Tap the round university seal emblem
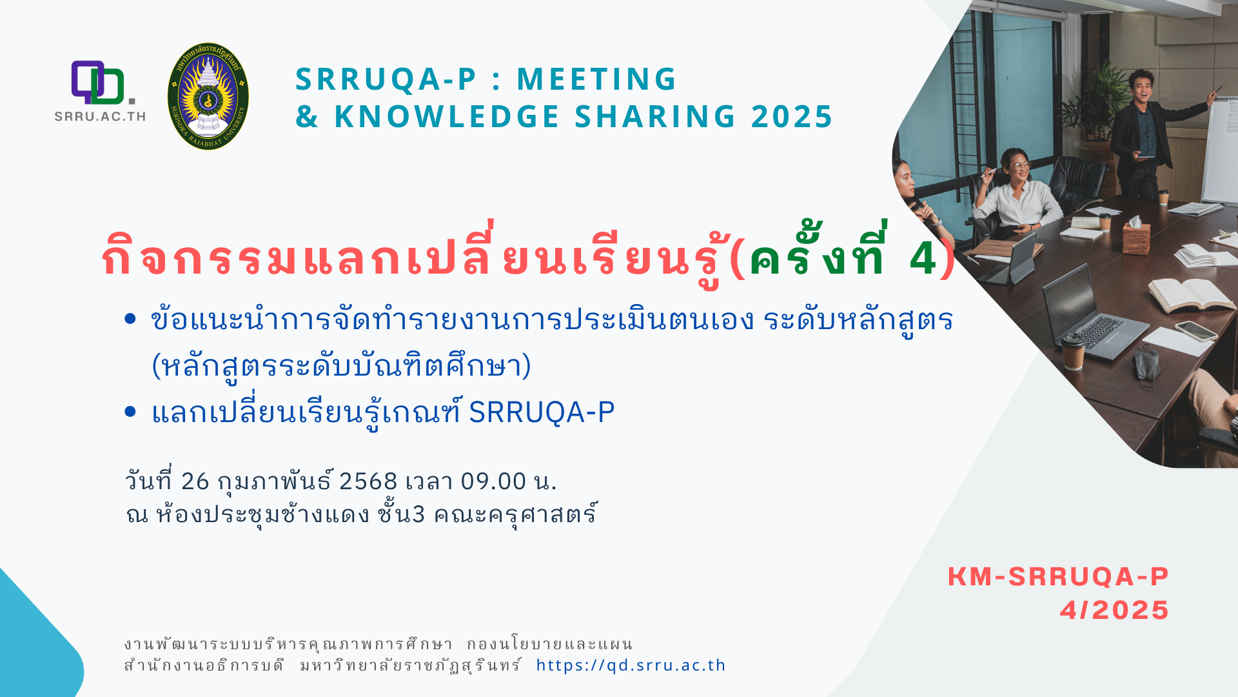208,96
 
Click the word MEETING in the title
596,79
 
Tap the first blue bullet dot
130,318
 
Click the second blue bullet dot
130,411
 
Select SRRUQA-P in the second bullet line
542,412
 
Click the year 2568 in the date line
368,481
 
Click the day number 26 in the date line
195,481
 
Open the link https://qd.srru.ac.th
631,665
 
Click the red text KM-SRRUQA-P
1058,577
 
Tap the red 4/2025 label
1114,611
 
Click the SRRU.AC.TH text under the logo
100,117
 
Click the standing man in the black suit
1151,136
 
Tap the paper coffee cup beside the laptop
1073,352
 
